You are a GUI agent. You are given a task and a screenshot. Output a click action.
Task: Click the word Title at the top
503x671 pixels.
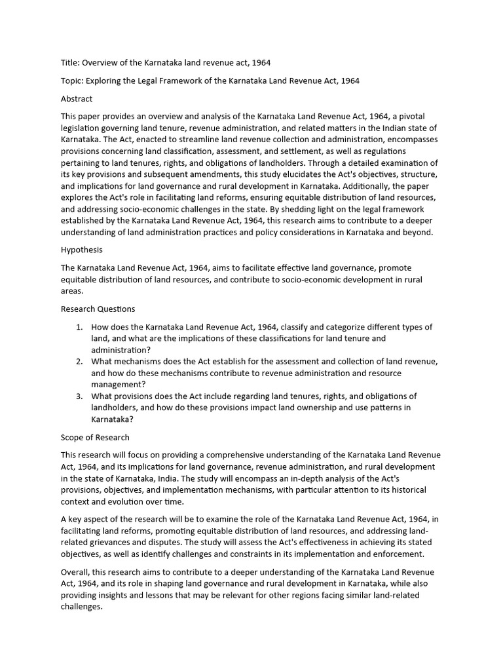click(x=71, y=63)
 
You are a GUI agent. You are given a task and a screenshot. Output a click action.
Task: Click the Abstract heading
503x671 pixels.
click(x=77, y=99)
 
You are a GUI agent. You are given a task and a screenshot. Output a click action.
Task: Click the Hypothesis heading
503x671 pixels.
click(x=82, y=250)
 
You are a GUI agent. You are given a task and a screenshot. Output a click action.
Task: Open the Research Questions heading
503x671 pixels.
click(x=98, y=309)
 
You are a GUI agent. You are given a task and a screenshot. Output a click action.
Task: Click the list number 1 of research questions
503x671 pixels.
click(x=79, y=327)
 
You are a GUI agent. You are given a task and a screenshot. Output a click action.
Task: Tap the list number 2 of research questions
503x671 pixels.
click(x=79, y=362)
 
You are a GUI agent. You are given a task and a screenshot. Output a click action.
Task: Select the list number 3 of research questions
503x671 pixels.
click(x=79, y=396)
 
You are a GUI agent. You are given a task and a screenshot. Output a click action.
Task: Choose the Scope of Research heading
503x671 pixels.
click(x=95, y=437)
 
